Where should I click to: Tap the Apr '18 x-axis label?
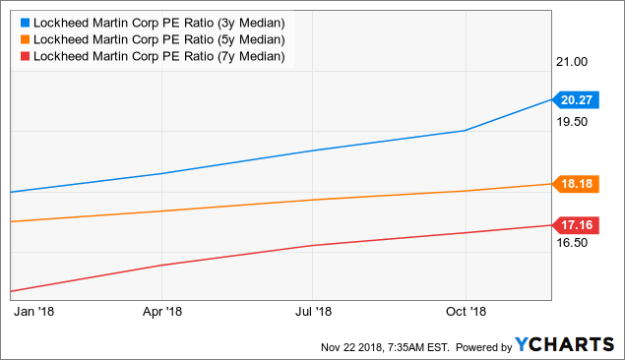pos(161,312)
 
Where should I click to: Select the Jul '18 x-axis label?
pos(313,312)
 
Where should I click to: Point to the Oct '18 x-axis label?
pos(465,312)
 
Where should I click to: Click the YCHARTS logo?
pos(565,344)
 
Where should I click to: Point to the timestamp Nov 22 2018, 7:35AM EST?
pos(385,346)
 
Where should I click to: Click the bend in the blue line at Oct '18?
pos(465,130)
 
